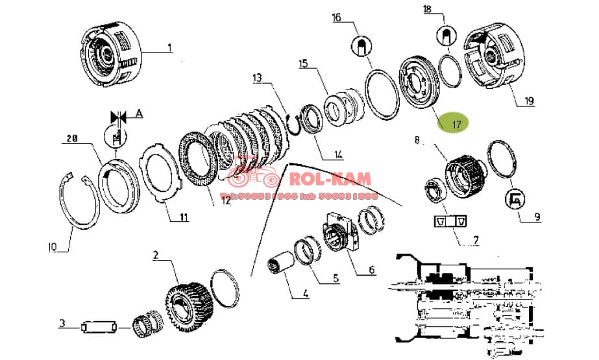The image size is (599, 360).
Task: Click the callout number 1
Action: pyautogui.click(x=169, y=47)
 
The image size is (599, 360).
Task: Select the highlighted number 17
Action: pyautogui.click(x=456, y=123)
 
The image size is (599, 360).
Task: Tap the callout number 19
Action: pyautogui.click(x=529, y=101)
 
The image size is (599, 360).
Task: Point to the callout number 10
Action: pyautogui.click(x=53, y=246)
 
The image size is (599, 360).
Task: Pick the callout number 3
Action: pyautogui.click(x=62, y=323)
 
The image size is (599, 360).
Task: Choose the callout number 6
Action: pyautogui.click(x=371, y=268)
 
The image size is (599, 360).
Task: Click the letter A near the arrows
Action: pyautogui.click(x=138, y=112)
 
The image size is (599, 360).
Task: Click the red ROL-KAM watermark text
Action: pyautogui.click(x=331, y=178)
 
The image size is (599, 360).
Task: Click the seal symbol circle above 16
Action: pyautogui.click(x=361, y=45)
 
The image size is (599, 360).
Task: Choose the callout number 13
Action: pyautogui.click(x=258, y=78)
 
